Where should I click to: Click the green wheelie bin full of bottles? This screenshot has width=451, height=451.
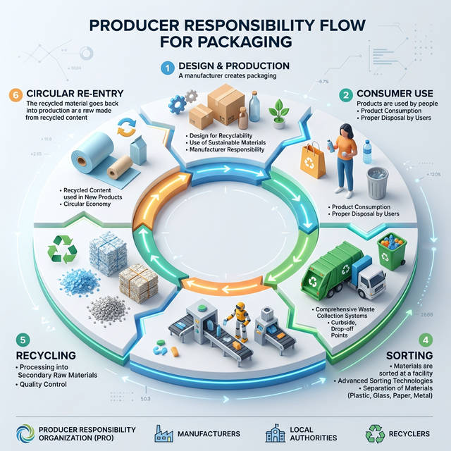pyautogui.click(x=392, y=251)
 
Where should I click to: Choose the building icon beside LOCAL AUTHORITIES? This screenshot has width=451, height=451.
pyautogui.click(x=274, y=433)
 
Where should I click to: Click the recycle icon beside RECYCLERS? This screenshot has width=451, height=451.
pyautogui.click(x=378, y=433)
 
